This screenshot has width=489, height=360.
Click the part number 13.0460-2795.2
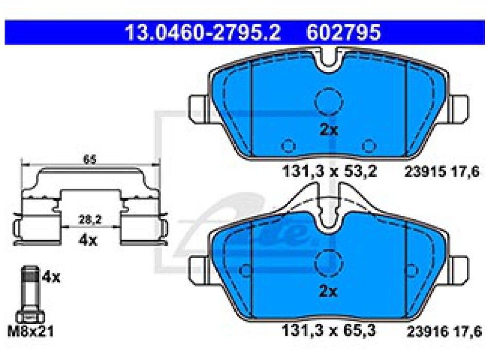pyautogui.click(x=203, y=32)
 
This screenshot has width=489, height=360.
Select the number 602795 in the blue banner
pyautogui.click(x=343, y=32)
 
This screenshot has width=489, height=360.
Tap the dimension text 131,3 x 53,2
pyautogui.click(x=329, y=171)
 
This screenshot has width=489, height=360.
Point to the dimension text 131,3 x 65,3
pyautogui.click(x=328, y=330)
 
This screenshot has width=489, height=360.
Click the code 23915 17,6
pyautogui.click(x=442, y=171)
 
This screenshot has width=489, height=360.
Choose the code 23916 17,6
pyautogui.click(x=444, y=331)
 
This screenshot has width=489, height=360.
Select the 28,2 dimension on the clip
pyautogui.click(x=90, y=220)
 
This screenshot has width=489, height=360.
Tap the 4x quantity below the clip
pyautogui.click(x=88, y=240)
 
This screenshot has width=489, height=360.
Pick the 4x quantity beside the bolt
pyautogui.click(x=51, y=277)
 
